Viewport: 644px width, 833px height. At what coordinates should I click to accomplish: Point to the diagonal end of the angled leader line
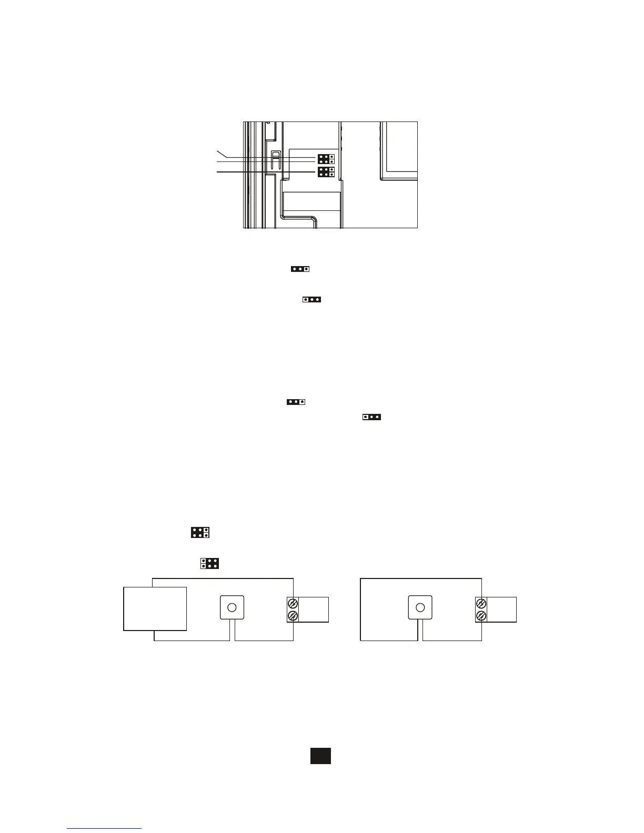pos(220,153)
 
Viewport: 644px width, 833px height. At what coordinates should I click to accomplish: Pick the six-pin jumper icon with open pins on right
pos(200,532)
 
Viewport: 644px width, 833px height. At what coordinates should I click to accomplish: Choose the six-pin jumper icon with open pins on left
pos(209,563)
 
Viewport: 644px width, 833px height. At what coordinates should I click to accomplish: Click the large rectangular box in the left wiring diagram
pos(155,608)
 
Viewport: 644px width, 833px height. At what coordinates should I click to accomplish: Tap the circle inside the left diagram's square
pos(232,608)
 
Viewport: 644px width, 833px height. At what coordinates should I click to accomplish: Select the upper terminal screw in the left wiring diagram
pos(293,603)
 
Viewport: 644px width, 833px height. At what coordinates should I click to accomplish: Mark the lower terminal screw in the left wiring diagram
pos(293,615)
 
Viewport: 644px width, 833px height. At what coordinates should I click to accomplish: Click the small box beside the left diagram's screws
pos(314,609)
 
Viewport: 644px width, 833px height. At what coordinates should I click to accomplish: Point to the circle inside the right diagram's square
pos(420,608)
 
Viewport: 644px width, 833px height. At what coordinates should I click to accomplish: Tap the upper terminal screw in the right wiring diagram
pos(481,603)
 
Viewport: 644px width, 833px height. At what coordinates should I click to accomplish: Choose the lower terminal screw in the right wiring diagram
pos(481,615)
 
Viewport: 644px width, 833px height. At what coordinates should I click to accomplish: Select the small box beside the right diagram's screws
pos(501,609)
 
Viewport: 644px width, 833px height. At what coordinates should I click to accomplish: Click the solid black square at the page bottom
pos(320,756)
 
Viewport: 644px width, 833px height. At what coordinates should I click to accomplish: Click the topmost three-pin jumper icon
pos(299,269)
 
